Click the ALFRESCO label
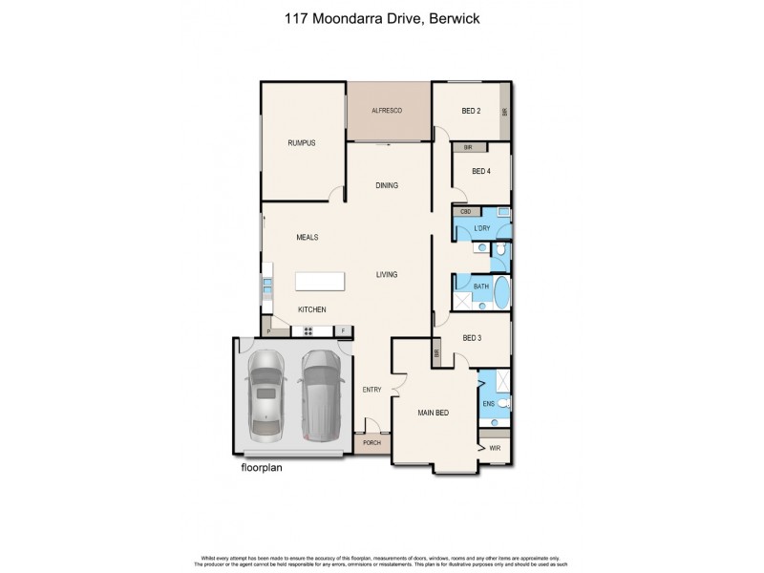[x=388, y=112]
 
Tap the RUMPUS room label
[x=302, y=143]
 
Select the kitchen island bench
[x=321, y=281]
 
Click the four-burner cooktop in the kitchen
[x=309, y=331]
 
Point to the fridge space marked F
[x=343, y=331]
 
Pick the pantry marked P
[x=269, y=331]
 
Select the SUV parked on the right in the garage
[x=321, y=397]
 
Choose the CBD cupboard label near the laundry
[x=466, y=211]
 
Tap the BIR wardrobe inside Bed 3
[x=437, y=352]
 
